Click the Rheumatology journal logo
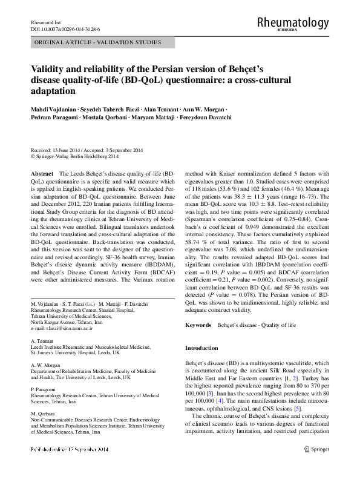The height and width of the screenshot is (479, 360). [293, 23]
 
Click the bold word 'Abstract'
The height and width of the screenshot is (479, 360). [41, 173]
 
